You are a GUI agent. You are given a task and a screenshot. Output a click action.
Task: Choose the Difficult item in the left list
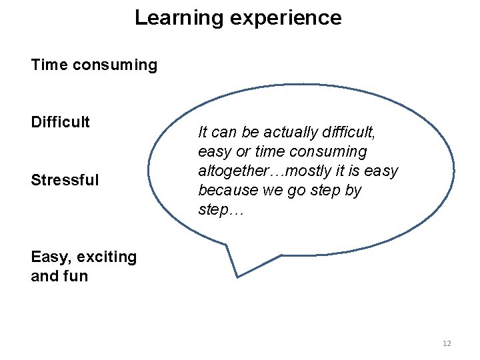(x=60, y=122)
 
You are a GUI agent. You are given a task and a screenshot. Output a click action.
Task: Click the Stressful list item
(x=65, y=179)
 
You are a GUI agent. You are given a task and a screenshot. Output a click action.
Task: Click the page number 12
(x=447, y=343)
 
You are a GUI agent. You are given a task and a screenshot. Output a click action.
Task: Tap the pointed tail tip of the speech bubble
(x=238, y=275)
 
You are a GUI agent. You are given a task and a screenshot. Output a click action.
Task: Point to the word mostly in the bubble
(x=305, y=171)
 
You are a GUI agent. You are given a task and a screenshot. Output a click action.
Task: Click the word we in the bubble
(x=268, y=190)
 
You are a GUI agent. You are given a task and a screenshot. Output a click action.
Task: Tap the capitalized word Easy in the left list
(x=48, y=257)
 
